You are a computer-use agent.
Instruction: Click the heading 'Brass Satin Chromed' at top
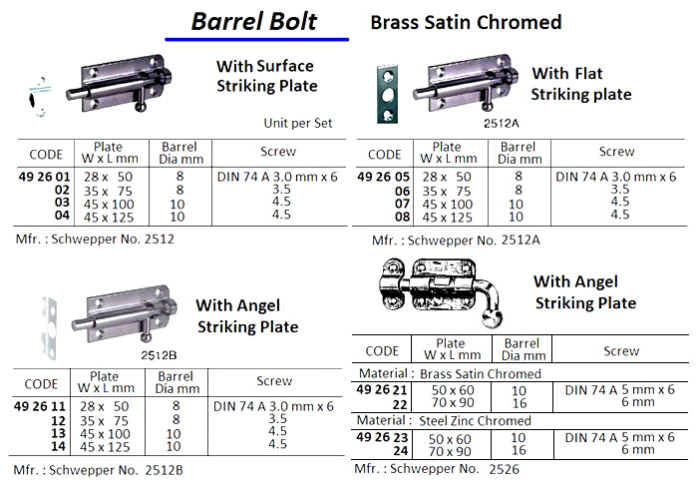[x=466, y=22]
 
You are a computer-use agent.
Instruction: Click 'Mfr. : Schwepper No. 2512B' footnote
[x=100, y=469]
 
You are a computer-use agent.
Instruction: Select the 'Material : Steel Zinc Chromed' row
[x=449, y=421]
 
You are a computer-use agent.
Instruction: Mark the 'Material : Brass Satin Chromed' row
[x=449, y=374]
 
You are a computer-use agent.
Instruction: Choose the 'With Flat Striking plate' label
[x=581, y=84]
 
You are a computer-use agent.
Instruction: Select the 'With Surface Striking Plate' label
[x=266, y=76]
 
